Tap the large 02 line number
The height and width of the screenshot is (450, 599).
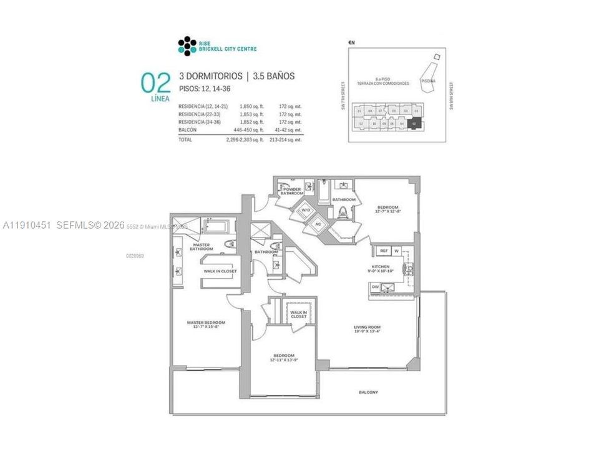155,84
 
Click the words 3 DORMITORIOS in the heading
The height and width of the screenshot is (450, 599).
210,76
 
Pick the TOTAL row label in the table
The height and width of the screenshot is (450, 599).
186,139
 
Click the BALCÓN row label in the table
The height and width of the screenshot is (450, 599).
188,130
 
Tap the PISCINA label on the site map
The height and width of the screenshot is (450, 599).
428,81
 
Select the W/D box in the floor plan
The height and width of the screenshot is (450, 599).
306,210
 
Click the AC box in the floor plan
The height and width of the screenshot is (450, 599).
317,224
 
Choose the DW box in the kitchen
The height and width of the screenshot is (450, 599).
376,287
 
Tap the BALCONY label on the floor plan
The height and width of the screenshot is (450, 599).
368,392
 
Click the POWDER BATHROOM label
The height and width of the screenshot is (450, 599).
292,191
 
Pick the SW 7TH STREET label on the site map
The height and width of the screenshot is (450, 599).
343,97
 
